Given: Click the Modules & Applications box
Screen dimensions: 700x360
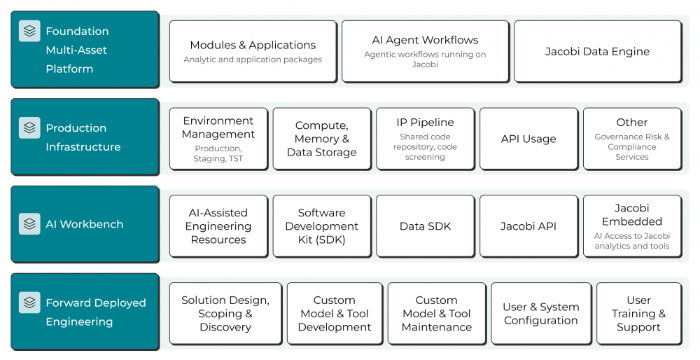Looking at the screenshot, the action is pos(253,51).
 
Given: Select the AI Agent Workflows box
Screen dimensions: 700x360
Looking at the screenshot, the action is pos(426,51).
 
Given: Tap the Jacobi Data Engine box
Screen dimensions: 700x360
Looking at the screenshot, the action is pos(598,51).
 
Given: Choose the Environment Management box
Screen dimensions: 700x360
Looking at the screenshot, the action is pos(218,139).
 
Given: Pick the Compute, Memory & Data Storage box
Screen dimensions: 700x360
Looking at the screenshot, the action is pos(322,139).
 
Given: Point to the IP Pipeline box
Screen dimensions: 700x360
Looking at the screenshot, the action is pos(426,139).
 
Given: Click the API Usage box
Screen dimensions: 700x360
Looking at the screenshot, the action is pos(528,139).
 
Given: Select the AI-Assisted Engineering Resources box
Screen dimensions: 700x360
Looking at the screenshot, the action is pos(218,226).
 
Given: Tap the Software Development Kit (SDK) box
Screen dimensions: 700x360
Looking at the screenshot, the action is pos(322,226).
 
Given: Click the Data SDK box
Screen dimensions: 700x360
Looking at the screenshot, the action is pos(426,226).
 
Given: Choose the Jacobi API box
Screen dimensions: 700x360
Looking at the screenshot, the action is pos(528,226).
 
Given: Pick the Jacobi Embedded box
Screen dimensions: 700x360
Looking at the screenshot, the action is pos(632,226).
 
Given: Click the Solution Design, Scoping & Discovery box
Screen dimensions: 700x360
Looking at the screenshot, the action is pos(225,314).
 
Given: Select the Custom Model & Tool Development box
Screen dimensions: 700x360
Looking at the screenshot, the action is pos(335,314).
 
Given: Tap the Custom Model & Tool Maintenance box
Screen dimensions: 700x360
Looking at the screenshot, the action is pos(437,314).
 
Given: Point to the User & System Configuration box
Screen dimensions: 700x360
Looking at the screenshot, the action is pos(541,314).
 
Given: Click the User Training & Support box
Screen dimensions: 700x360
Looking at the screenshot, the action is pos(639,314).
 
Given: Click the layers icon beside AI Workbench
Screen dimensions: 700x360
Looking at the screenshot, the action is pos(29,223).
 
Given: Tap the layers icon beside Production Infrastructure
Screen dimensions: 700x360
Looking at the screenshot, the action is pos(29,127).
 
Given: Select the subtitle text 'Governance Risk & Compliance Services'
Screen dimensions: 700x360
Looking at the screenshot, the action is pos(632,147).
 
